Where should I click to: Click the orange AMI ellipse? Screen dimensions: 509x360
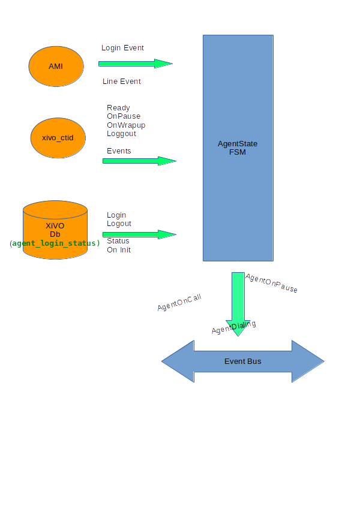pos(56,66)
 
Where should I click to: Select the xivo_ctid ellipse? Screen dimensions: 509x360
pos(58,137)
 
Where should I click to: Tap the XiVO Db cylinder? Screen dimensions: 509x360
pos(55,230)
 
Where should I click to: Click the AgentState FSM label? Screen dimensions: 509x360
pos(238,148)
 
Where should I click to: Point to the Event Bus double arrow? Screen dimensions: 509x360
pos(242,362)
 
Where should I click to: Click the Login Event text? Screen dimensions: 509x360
pos(122,48)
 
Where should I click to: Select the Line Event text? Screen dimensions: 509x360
pos(122,82)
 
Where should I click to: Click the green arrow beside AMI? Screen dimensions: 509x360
pos(136,64)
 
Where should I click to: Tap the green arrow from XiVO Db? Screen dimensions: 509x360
pos(139,234)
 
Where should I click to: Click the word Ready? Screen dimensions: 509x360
pos(118,108)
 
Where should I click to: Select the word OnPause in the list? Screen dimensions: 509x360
pos(124,116)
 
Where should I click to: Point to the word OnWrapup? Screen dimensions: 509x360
pos(126,125)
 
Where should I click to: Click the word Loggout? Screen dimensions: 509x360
pos(121,134)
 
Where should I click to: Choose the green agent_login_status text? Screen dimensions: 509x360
pos(55,243)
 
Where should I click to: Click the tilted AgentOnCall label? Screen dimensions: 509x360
pos(179,303)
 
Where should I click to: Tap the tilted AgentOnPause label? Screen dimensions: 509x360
pos(271,283)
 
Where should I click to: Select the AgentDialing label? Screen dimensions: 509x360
pos(233,327)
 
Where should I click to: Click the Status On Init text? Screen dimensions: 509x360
pos(119,245)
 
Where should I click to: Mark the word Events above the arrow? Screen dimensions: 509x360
pos(119,151)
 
